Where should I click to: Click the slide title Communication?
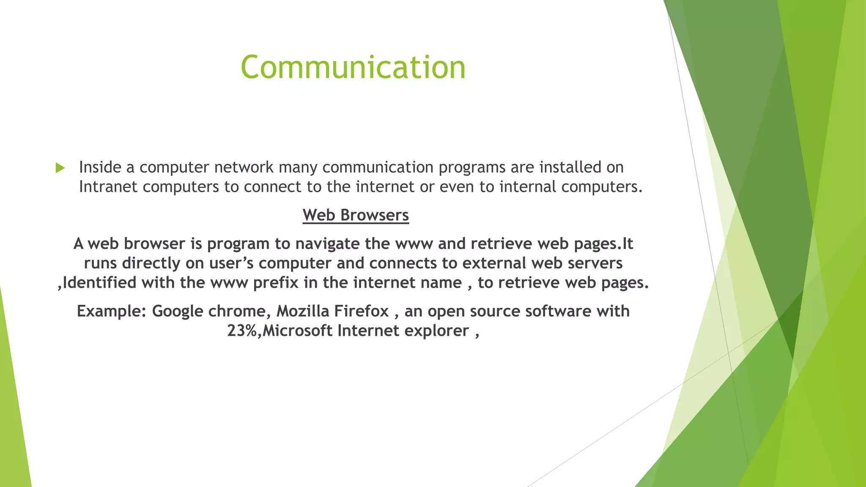(x=353, y=67)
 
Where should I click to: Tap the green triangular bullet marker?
(x=60, y=168)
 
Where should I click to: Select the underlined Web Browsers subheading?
(x=356, y=215)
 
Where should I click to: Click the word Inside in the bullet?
(x=100, y=167)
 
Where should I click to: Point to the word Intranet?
(x=108, y=187)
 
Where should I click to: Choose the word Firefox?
(x=362, y=311)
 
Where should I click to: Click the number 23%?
(x=242, y=331)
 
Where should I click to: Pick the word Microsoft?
(x=297, y=331)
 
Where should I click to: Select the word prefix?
(x=276, y=283)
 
